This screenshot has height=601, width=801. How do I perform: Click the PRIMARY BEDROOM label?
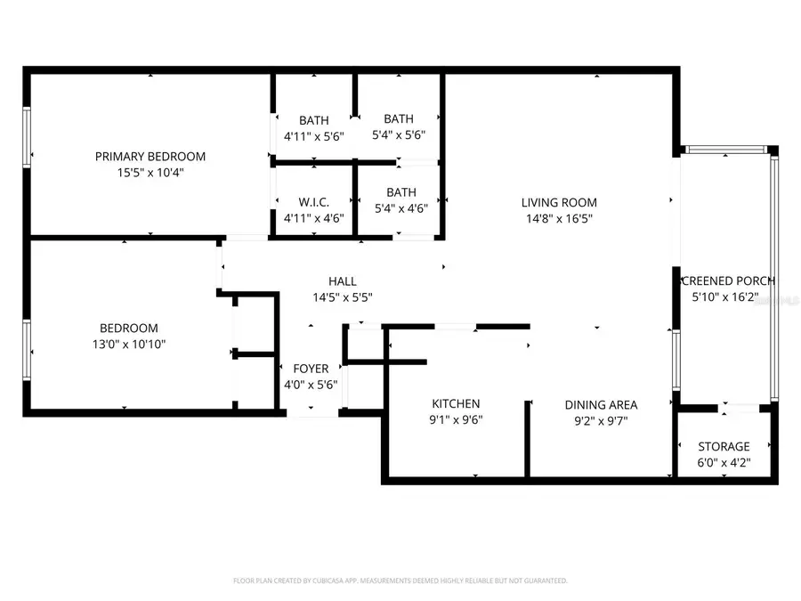(150, 157)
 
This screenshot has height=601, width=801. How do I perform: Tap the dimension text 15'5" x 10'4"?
(150, 172)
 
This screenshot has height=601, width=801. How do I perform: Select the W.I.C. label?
(313, 203)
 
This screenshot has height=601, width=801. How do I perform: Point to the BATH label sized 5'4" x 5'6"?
(399, 118)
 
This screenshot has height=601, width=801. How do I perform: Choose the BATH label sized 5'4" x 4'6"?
(401, 192)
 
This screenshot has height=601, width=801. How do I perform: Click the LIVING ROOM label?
(559, 203)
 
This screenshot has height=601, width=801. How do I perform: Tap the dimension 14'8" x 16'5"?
(559, 218)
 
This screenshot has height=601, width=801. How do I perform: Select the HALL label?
(342, 282)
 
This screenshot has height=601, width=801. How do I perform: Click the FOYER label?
(311, 369)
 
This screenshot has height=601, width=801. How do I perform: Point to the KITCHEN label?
(456, 404)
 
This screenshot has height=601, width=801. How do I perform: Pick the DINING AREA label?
(601, 405)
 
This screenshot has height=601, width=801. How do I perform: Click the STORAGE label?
(723, 447)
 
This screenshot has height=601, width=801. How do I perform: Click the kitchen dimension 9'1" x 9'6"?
(457, 420)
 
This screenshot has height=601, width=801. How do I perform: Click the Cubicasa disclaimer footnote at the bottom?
(400, 581)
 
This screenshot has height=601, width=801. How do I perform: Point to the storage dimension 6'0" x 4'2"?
(723, 462)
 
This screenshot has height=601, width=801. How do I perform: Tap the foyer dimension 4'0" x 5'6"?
(311, 384)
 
